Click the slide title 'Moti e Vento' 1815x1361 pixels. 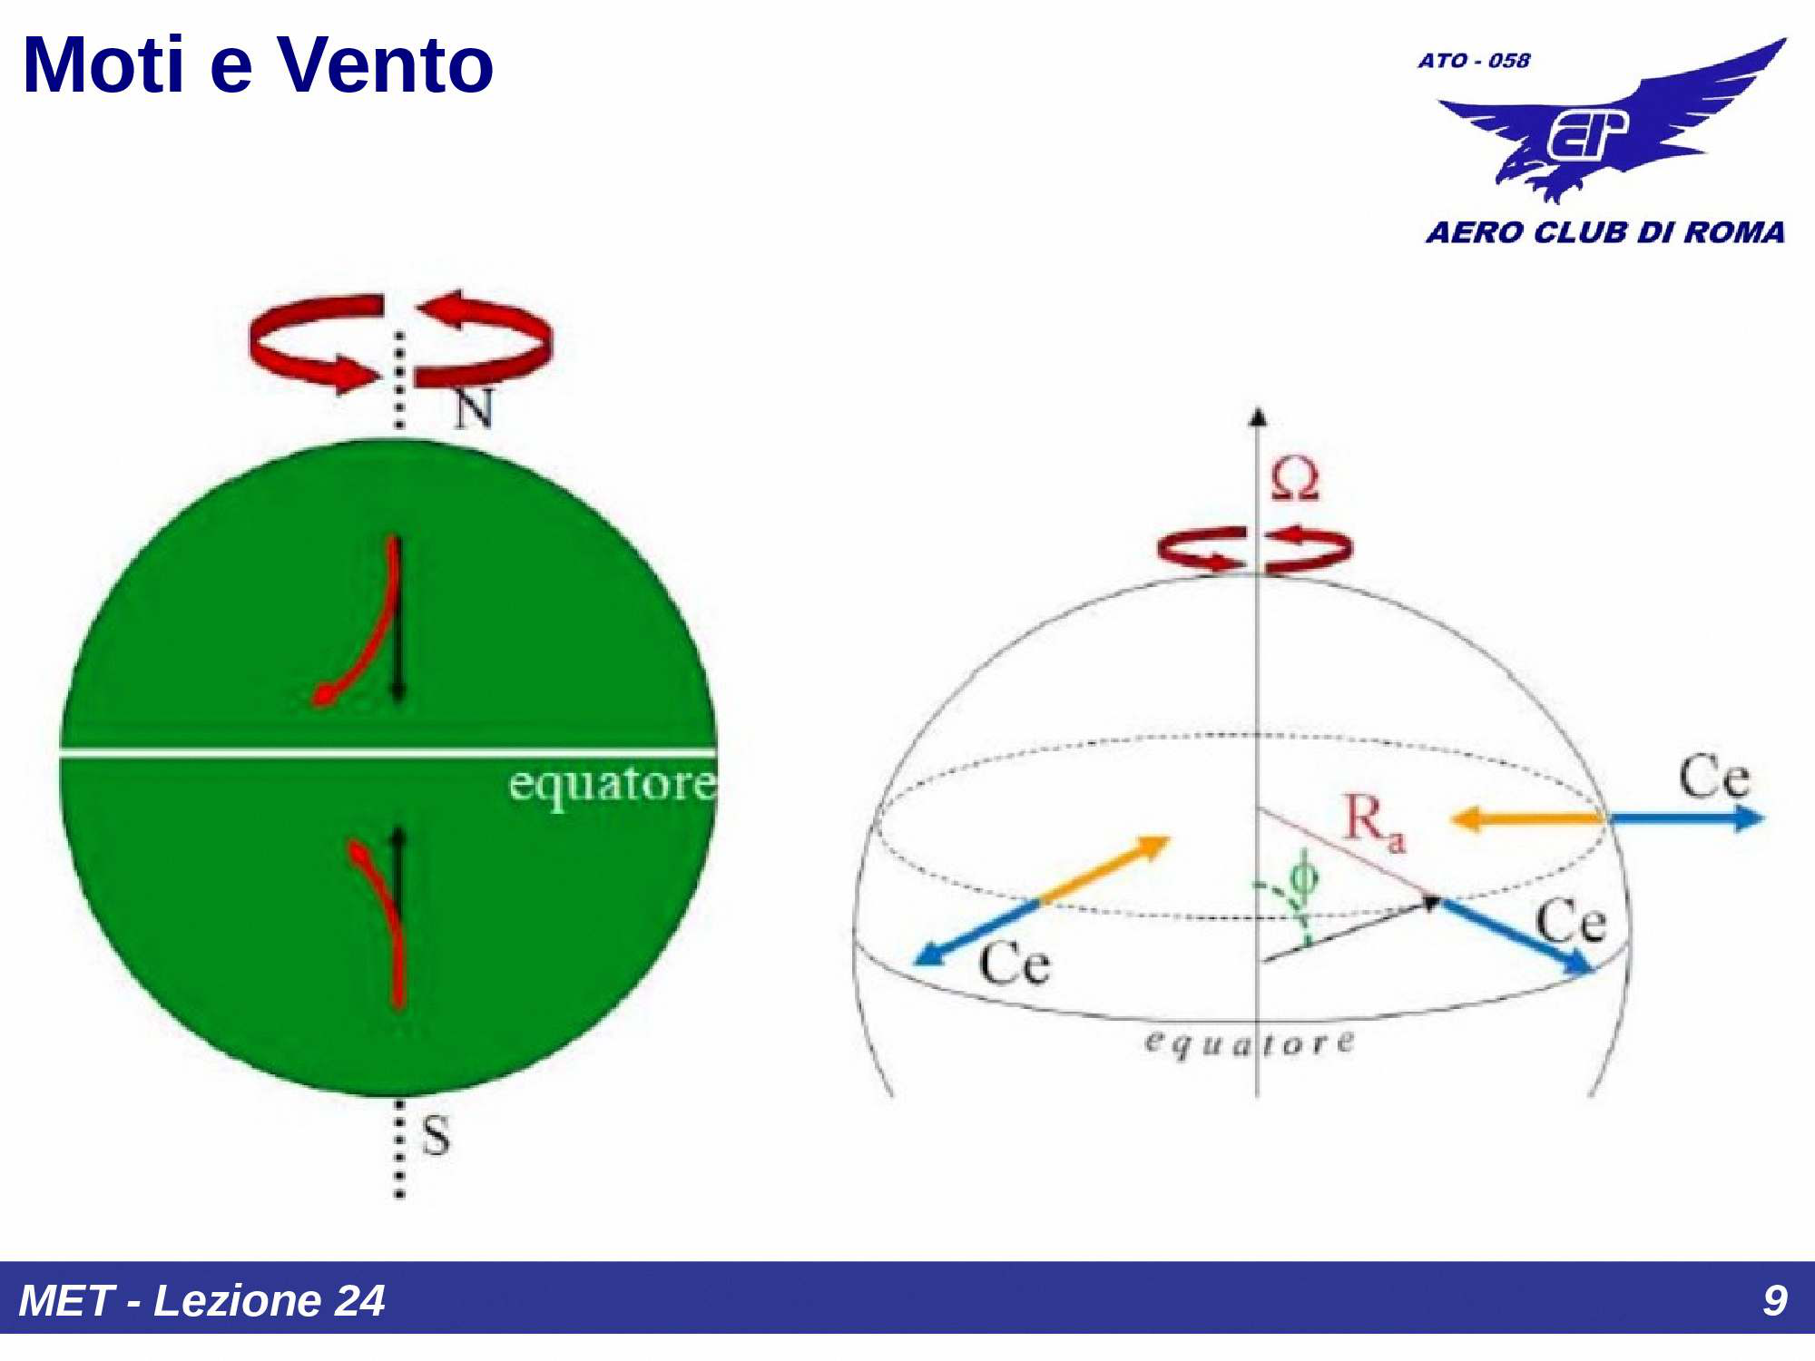point(259,65)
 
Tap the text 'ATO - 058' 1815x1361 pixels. point(1474,61)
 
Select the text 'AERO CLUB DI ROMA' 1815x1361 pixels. point(1605,232)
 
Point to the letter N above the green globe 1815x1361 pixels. point(473,408)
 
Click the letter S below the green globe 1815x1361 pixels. point(436,1135)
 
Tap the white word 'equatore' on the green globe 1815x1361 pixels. point(613,785)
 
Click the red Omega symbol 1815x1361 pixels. point(1295,478)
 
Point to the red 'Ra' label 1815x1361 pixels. point(1374,822)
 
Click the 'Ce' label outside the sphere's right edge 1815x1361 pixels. point(1713,777)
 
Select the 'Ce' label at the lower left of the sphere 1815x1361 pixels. point(1015,963)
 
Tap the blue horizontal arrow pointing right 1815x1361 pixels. point(1686,818)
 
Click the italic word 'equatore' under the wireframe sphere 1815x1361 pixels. point(1250,1043)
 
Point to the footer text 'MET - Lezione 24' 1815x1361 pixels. point(201,1300)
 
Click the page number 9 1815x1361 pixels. point(1775,1300)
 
